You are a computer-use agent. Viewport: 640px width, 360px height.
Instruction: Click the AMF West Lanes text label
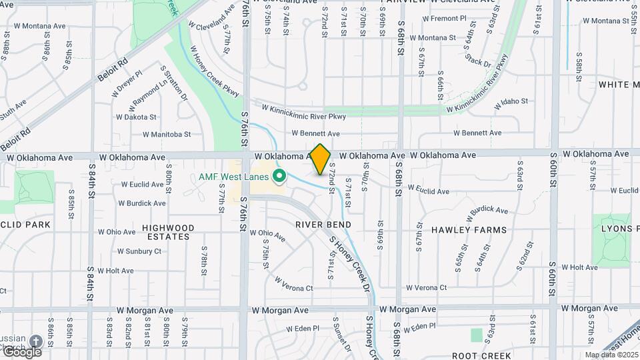click(233, 177)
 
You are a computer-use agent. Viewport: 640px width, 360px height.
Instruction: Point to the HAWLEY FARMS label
click(469, 229)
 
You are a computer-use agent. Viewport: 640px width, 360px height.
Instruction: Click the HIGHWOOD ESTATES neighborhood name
click(168, 232)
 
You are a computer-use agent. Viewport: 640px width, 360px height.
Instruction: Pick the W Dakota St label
click(136, 117)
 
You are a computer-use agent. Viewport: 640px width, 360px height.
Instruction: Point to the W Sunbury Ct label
click(139, 251)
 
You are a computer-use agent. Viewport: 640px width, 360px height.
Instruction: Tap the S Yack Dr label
click(477, 63)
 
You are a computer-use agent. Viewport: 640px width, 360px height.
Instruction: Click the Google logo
click(21, 351)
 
